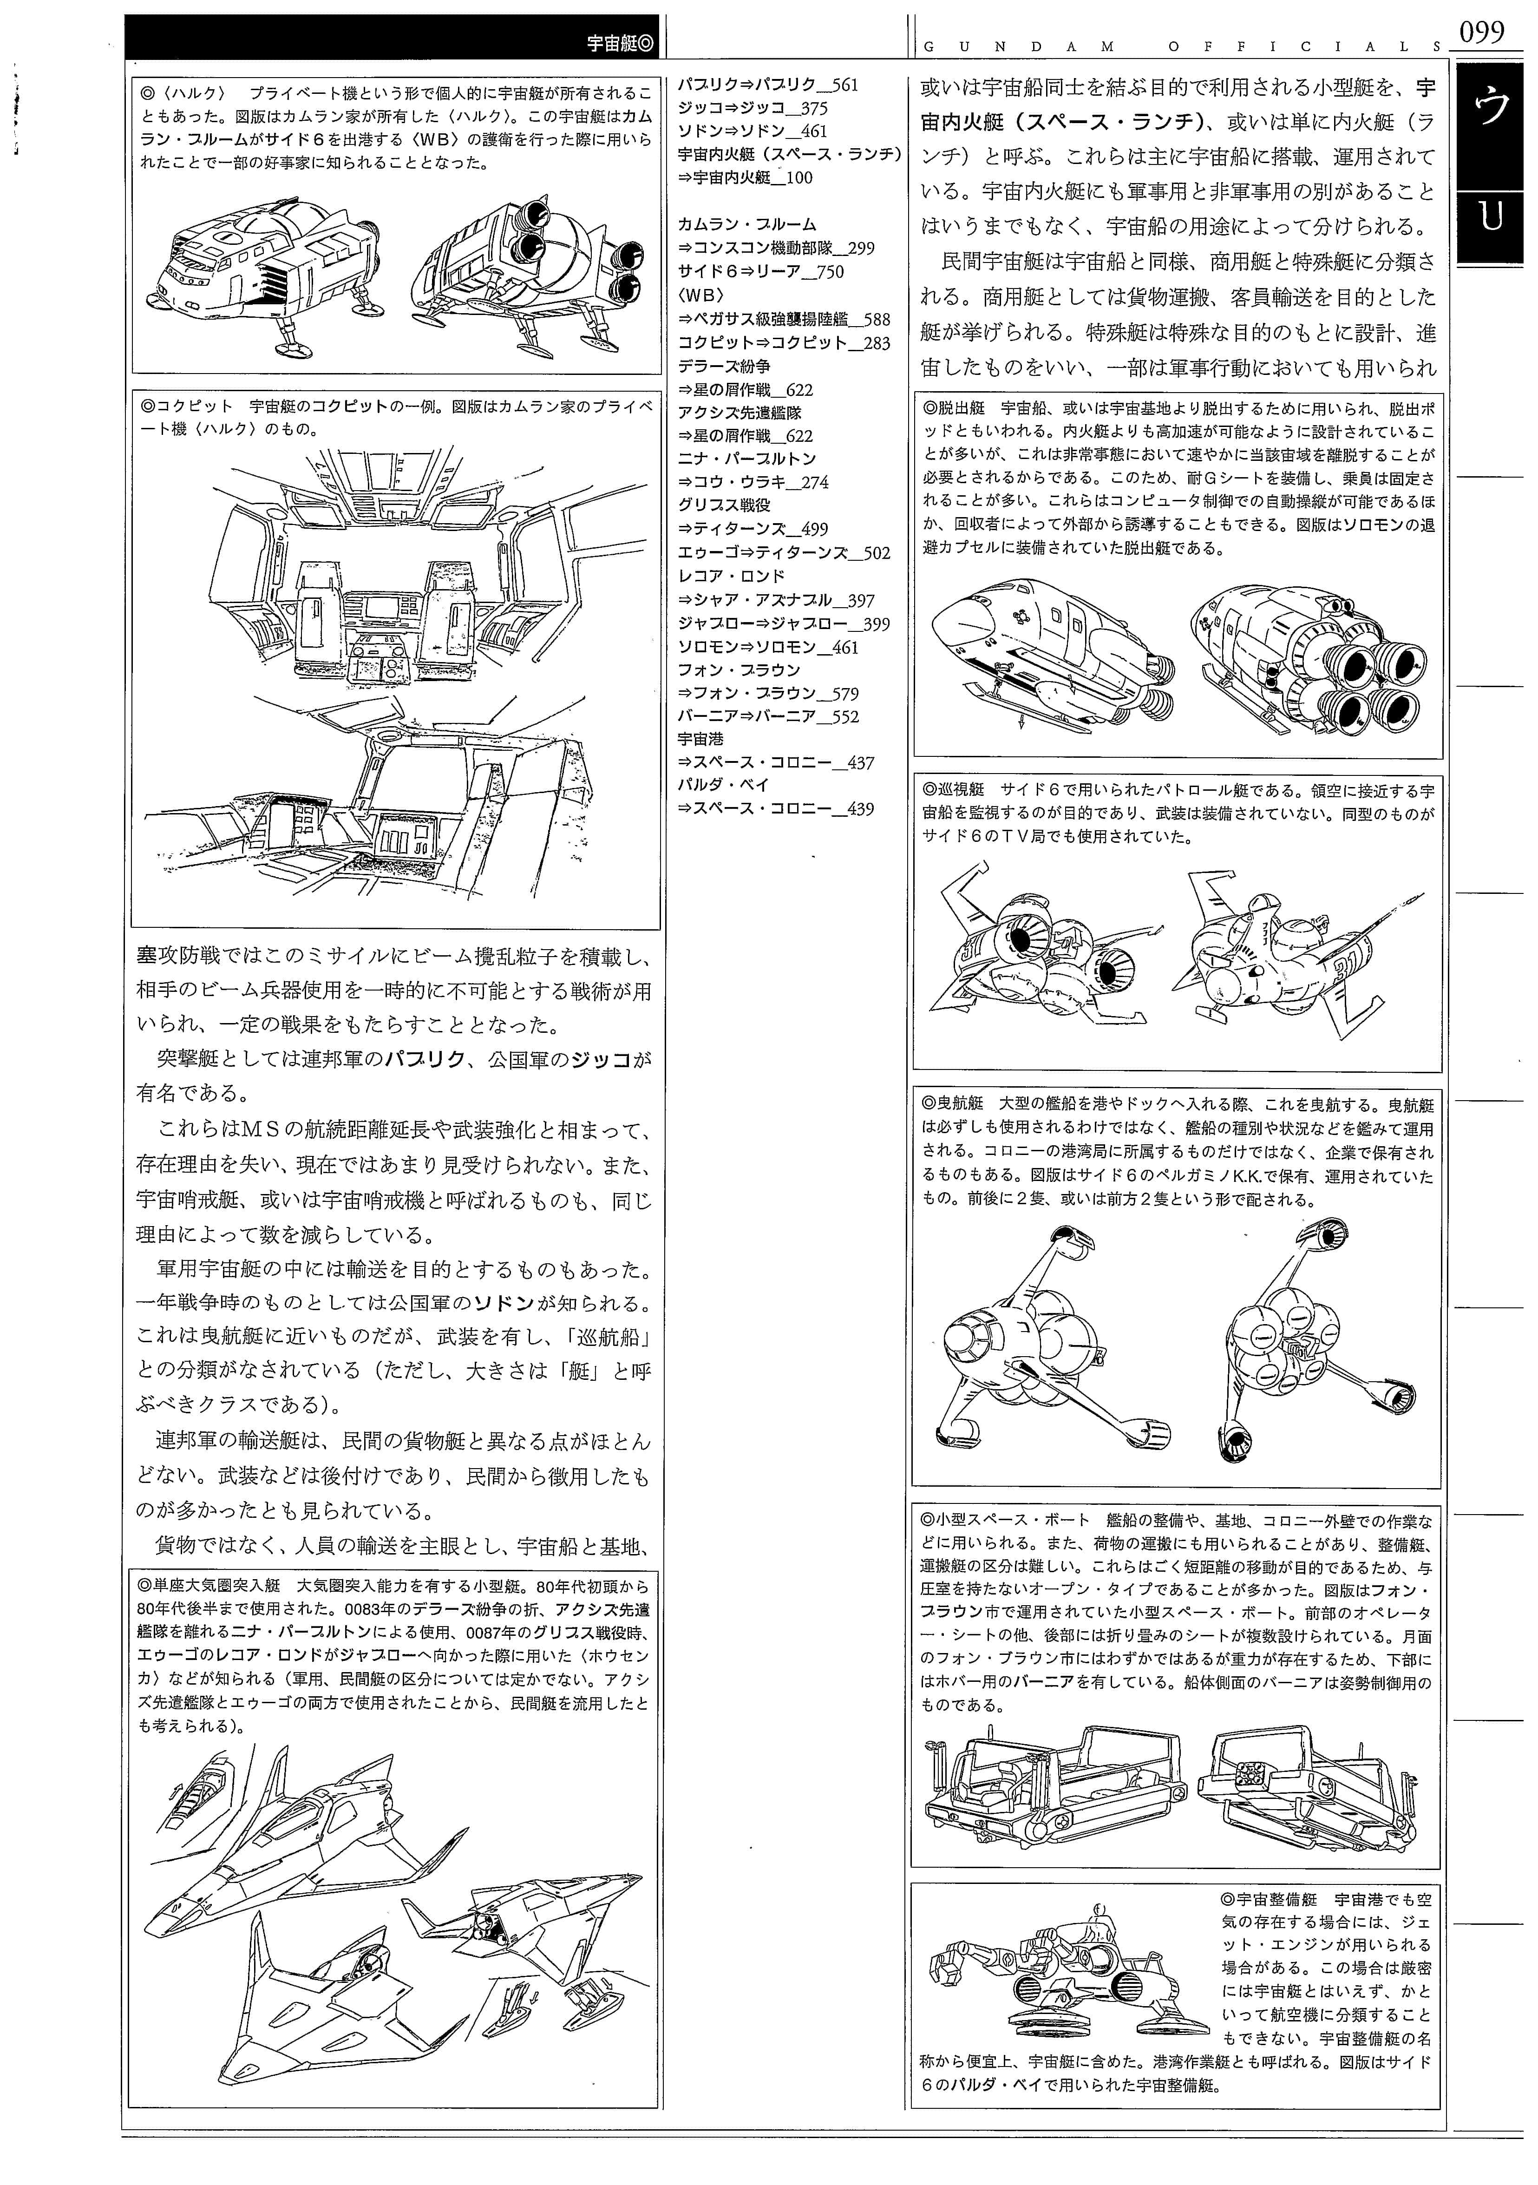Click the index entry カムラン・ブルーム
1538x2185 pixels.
pyautogui.click(x=747, y=224)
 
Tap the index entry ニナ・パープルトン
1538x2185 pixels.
pyautogui.click(x=747, y=459)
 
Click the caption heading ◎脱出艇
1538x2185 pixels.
pyautogui.click(x=954, y=407)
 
